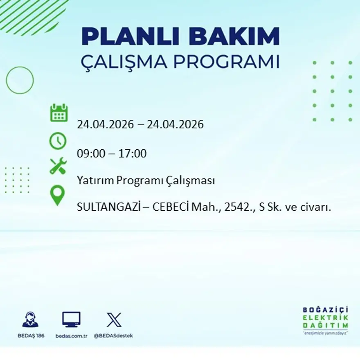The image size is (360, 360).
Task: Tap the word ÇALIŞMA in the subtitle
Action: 124,62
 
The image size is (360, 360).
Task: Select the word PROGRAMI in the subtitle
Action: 226,62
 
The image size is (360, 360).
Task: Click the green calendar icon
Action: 59,112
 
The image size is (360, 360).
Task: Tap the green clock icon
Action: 58,141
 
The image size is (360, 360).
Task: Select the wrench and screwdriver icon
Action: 58,166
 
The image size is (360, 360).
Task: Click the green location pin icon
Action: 58,196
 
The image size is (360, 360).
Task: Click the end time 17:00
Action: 133,154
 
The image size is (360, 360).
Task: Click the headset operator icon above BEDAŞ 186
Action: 30,319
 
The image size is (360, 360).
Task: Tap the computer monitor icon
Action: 71,319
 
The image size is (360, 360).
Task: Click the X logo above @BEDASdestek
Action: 114,319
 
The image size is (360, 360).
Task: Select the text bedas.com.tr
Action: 71,336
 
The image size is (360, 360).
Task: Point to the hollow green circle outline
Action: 20,80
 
